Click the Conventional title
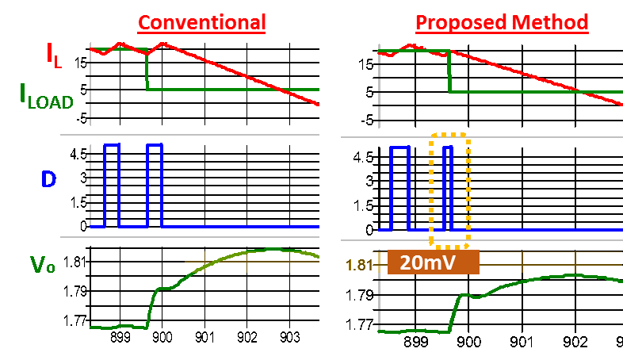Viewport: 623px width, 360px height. pyautogui.click(x=201, y=22)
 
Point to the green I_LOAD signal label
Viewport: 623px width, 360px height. pyautogui.click(x=46, y=96)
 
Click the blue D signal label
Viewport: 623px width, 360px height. pyautogui.click(x=48, y=180)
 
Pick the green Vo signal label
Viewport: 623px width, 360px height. pyautogui.click(x=43, y=265)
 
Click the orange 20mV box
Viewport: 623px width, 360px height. pyautogui.click(x=433, y=262)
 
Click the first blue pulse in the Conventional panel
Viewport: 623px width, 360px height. pyautogui.click(x=111, y=186)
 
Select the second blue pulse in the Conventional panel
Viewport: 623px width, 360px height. pyautogui.click(x=154, y=186)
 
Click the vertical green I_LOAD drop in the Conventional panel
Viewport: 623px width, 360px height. pyautogui.click(x=147, y=71)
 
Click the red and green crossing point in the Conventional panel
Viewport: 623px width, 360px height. pyautogui.click(x=278, y=90)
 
